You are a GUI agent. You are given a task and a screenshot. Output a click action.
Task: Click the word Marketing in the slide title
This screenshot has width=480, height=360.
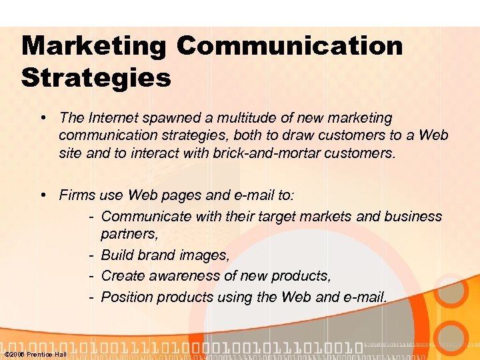pyautogui.click(x=93, y=47)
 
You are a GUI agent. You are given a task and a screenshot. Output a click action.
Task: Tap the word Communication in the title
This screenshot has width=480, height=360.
pyautogui.click(x=290, y=47)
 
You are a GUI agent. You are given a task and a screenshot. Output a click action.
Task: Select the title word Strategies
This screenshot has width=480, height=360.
pyautogui.click(x=96, y=78)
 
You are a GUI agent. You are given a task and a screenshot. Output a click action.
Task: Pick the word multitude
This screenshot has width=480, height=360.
pyautogui.click(x=249, y=118)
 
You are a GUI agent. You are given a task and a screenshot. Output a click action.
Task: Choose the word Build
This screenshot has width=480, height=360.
pyautogui.click(x=117, y=255)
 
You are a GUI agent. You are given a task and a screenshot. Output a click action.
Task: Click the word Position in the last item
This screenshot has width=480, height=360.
pyautogui.click(x=127, y=296)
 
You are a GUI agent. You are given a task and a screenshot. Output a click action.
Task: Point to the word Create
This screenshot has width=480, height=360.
pyautogui.click(x=121, y=275)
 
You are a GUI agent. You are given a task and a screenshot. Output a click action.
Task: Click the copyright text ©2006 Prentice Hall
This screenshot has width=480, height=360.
pyautogui.click(x=35, y=354)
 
